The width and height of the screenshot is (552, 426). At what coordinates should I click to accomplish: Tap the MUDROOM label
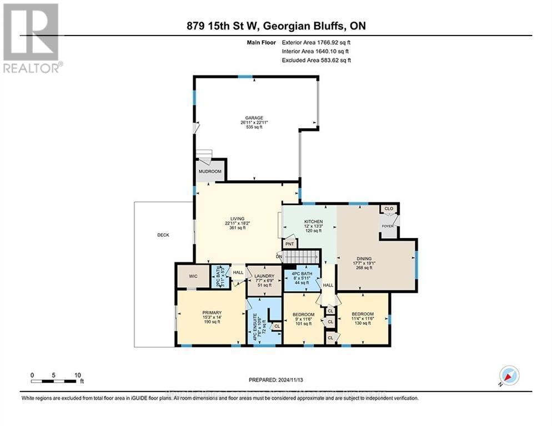[210, 171]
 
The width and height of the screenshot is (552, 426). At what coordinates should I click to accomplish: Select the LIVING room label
[238, 219]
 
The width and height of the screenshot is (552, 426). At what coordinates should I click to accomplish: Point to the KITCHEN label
[313, 222]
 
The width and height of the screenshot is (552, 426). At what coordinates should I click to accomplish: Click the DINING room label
[364, 258]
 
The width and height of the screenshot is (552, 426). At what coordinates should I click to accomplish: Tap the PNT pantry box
[289, 244]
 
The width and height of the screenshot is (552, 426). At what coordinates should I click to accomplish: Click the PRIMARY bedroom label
[212, 313]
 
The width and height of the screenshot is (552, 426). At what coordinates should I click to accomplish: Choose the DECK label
[163, 235]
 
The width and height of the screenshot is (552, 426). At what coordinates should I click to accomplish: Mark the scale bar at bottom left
[53, 380]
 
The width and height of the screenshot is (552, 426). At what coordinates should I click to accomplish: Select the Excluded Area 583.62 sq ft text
[316, 60]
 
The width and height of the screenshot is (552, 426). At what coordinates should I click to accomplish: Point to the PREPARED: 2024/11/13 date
[277, 380]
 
